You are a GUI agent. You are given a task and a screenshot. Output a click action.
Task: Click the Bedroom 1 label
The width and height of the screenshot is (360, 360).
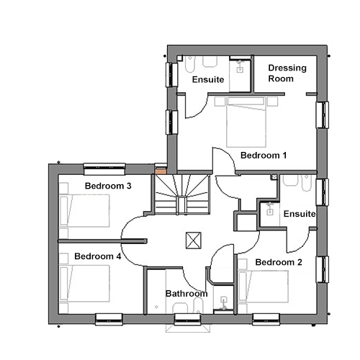coord(264,156)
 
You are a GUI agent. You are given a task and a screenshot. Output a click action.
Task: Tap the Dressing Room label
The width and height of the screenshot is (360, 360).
coord(287,73)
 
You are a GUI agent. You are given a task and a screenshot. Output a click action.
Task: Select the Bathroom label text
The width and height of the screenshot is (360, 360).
coord(186,294)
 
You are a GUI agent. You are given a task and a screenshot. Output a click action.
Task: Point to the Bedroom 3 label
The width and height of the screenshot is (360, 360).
coord(108,186)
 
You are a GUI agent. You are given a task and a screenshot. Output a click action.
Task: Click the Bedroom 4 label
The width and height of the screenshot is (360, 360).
coord(98,256)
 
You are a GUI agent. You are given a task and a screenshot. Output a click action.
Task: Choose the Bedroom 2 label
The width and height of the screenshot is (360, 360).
coord(279,262)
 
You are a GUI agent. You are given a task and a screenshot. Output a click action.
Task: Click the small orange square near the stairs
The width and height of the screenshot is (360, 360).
coord(161,171)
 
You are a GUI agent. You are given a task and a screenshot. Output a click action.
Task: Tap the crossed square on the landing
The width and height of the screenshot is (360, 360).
coord(194,240)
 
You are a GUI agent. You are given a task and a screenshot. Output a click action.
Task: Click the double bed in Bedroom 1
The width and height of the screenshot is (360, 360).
coord(246,122)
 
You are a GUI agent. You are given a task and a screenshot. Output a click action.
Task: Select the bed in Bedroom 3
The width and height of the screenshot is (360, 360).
coord(84,211)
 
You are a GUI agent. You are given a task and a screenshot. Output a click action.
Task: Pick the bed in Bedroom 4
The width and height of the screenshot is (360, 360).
coord(84,283)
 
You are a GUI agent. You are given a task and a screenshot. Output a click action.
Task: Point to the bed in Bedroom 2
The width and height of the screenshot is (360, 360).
coord(263,287)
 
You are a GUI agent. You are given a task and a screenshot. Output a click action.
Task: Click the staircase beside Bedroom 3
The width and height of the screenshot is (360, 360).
coord(182,194)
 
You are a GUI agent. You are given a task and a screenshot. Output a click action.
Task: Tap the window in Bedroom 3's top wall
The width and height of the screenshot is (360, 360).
coord(104,169)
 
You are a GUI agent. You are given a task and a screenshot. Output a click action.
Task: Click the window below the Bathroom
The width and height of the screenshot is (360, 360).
coord(187,320)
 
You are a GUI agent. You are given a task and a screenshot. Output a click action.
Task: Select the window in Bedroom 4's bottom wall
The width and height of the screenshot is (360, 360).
coord(109,320)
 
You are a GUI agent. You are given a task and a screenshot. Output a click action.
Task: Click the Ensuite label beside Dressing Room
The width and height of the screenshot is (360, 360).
coord(208,79)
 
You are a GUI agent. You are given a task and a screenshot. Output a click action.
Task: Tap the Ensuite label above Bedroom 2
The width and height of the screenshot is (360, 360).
coord(300,214)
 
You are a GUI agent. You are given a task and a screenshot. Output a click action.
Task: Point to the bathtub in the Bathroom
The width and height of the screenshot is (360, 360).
coord(156,292)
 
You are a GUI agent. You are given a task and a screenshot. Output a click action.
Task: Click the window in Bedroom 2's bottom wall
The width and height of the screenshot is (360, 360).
coord(266,320)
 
